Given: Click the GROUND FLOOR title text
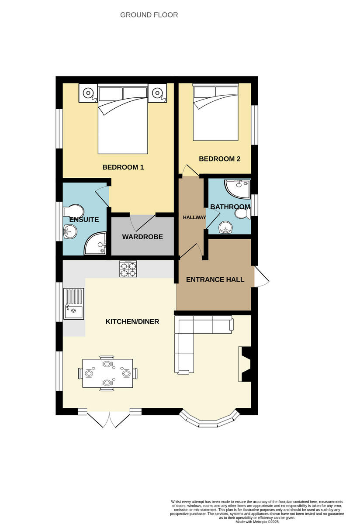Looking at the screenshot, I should tap(149, 15).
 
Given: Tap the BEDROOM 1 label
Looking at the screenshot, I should tap(123, 167).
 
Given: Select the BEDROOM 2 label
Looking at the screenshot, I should tap(219, 159).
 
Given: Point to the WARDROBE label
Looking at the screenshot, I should tap(142, 237).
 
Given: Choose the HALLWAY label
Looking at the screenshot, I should tap(194, 217).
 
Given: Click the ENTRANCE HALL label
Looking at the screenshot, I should tap(215, 279).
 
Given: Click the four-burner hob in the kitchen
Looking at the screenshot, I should tap(128, 269).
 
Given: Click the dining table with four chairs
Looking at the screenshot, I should tap(107, 373).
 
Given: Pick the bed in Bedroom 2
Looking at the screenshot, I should tap(215, 113).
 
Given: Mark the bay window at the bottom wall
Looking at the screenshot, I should tap(210, 418).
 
